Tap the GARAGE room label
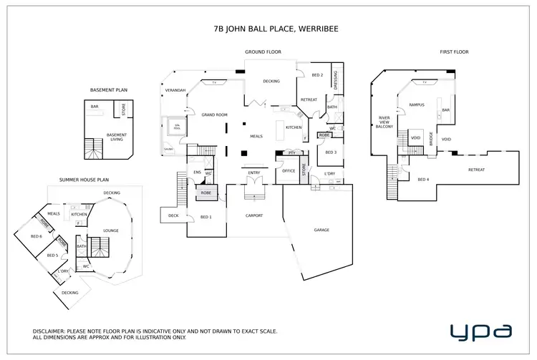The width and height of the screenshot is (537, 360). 322,230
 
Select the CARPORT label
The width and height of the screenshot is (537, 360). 253,215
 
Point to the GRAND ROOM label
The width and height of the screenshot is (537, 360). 213,115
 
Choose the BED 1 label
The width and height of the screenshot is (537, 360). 206,217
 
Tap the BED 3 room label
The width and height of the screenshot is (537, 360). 330,152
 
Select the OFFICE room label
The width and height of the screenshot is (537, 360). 289,171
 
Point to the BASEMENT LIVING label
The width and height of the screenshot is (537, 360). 116,136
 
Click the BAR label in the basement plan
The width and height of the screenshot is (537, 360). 95,107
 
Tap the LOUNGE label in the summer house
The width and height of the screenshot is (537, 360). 111,230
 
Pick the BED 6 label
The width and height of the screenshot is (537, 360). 36,236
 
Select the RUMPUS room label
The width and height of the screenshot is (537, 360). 417,105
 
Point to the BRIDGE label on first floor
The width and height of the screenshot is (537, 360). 431,139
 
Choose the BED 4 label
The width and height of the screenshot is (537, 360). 422,179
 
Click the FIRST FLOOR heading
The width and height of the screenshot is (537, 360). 454,52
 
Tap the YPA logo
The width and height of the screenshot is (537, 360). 480,331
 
